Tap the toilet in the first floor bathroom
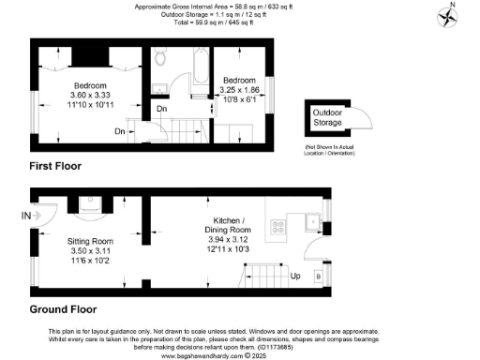pos(161,60)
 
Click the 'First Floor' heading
pos(54,166)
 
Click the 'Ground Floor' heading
pos(63,308)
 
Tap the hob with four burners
pos(278,225)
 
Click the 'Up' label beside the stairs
pos(295,277)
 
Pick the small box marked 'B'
pos(317,277)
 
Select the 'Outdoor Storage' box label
pos(328,121)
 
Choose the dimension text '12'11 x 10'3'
pos(229,248)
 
